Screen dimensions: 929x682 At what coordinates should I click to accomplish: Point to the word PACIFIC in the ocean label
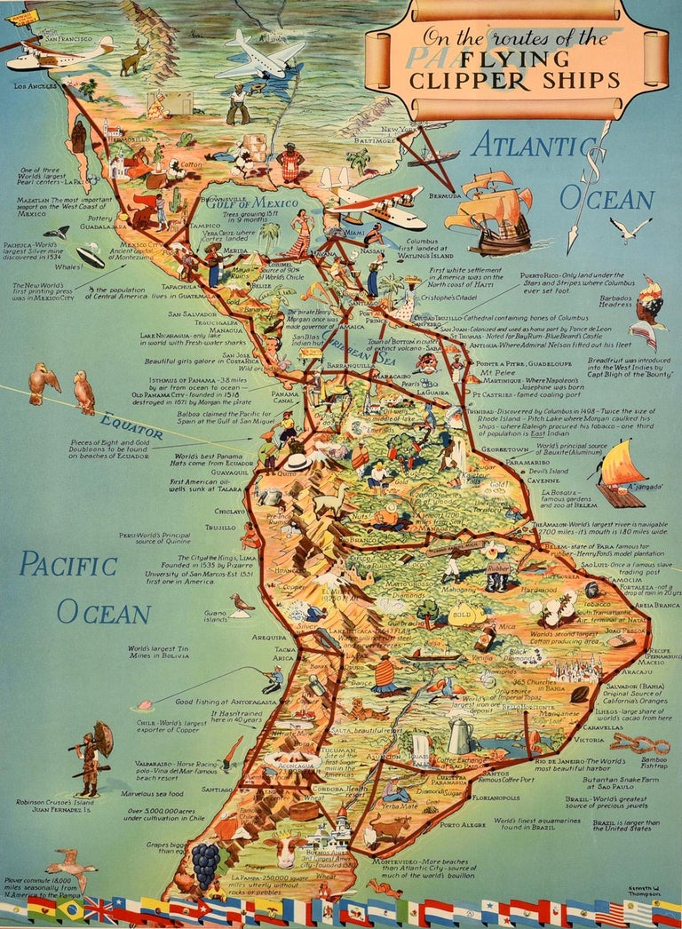[68, 564]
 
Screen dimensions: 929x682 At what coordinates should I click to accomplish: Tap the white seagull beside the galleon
[630, 230]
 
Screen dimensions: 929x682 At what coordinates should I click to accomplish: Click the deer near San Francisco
[134, 58]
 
